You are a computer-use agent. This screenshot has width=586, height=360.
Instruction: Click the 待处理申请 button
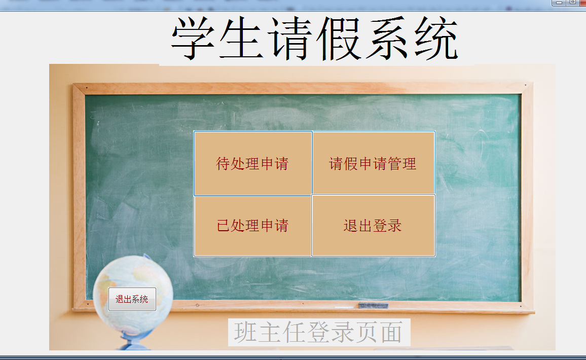pos(253,163)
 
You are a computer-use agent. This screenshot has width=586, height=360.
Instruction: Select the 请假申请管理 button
pos(374,163)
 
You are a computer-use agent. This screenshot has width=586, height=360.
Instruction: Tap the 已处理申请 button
pos(252,226)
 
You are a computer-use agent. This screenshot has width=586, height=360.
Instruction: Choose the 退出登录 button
pos(374,226)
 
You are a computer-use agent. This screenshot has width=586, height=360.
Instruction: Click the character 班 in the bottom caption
pos(245,332)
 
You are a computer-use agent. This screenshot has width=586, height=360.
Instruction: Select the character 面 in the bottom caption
pos(392,332)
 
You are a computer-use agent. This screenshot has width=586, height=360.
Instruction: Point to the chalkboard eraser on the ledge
pos(374,305)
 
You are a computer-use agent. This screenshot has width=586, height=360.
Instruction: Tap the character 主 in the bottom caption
pos(270,332)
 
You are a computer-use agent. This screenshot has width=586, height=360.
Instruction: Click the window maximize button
pos(572,2)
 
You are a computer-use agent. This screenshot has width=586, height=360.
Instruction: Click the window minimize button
pos(559,2)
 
